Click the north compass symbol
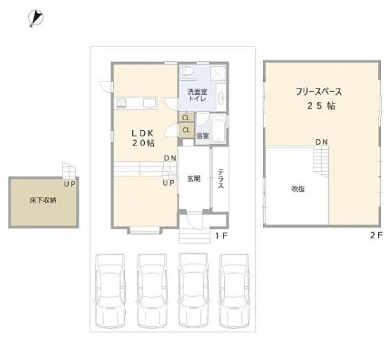36,18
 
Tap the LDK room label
143,134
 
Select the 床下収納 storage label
44,200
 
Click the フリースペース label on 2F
318,92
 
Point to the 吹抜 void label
298,189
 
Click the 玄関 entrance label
193,179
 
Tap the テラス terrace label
221,179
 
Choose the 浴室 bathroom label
202,136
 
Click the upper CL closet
186,117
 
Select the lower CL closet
186,130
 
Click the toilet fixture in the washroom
187,71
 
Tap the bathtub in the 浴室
218,129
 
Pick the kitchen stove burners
121,103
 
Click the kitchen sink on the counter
150,103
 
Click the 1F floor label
221,236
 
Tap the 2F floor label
376,235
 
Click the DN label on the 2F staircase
322,142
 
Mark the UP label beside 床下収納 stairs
70,184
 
